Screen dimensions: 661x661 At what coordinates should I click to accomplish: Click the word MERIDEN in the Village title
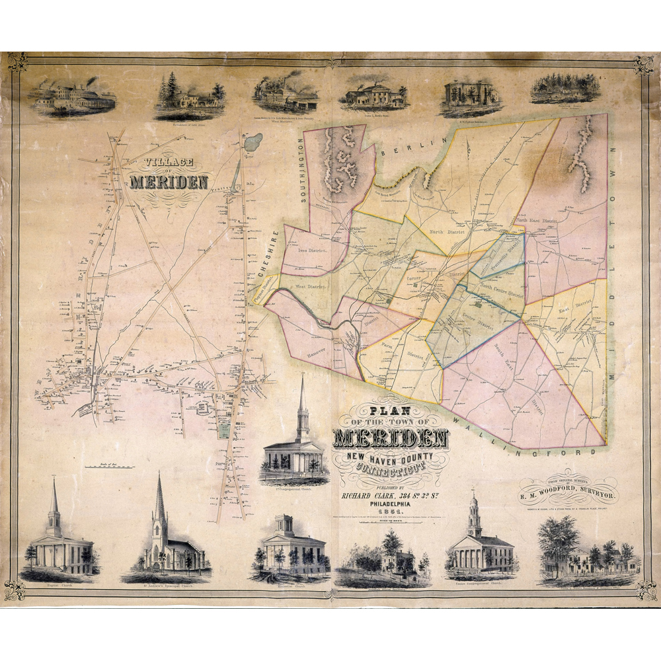170,181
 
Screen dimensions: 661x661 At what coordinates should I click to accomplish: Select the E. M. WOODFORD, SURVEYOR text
568,494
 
